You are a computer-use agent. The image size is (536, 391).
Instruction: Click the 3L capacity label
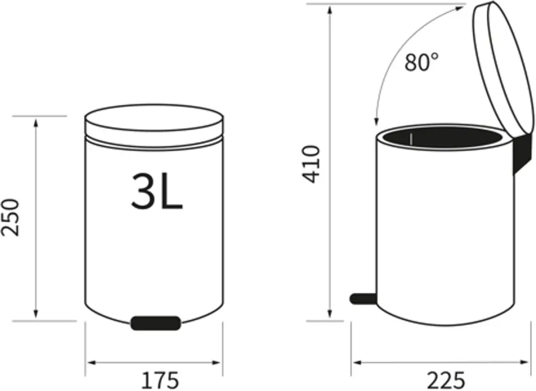pyautogui.click(x=156, y=191)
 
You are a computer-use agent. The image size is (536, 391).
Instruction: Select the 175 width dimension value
pyautogui.click(x=160, y=381)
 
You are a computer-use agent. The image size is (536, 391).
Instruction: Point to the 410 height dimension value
pyautogui.click(x=311, y=164)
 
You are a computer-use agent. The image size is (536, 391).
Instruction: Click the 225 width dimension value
pyautogui.click(x=446, y=381)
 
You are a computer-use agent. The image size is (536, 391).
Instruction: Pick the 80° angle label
pyautogui.click(x=421, y=62)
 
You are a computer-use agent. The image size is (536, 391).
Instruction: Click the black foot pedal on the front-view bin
pyautogui.click(x=155, y=323)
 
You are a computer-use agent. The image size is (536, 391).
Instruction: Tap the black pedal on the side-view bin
pyautogui.click(x=363, y=298)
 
